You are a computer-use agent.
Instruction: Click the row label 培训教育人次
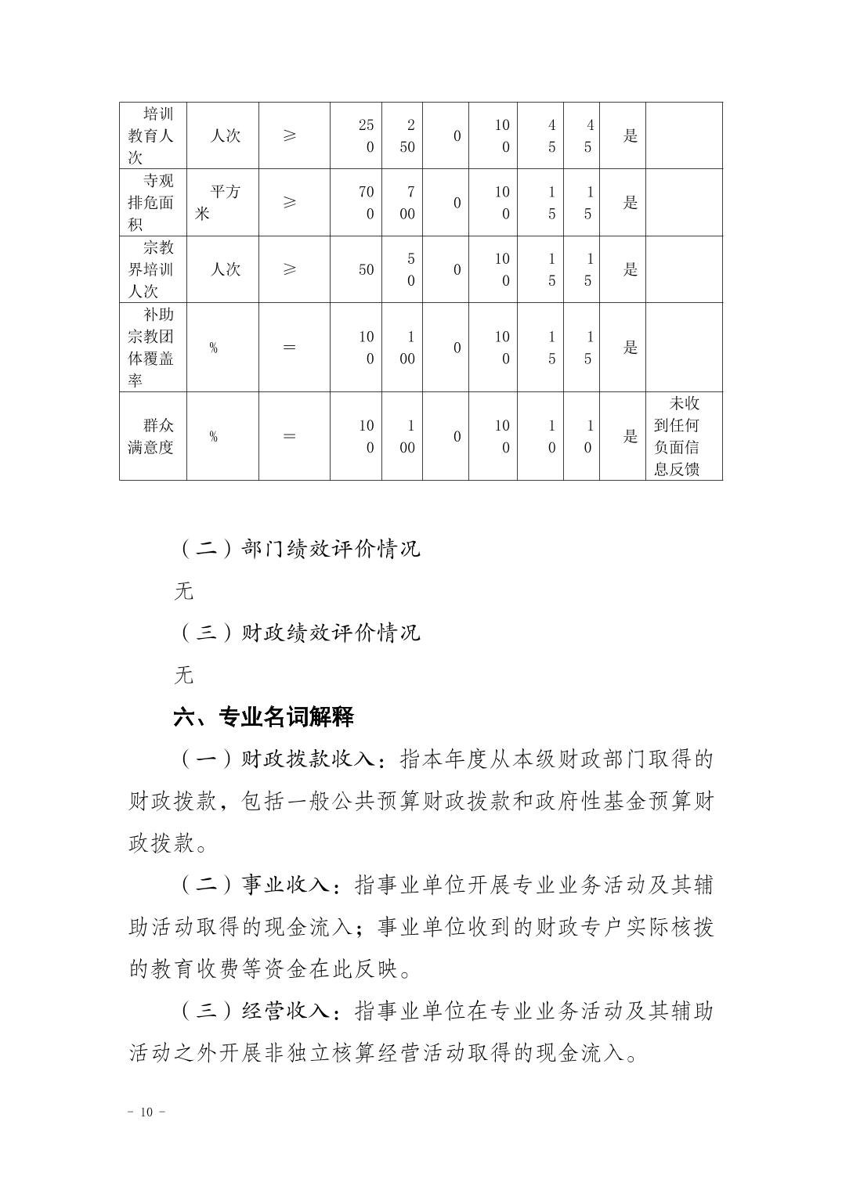(151, 135)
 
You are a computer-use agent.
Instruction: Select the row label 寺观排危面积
(151, 203)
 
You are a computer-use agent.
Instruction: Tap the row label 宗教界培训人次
(151, 269)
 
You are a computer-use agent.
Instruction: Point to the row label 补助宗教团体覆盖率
(151, 348)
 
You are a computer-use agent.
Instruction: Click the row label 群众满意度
(151, 436)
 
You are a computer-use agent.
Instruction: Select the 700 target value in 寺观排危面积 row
(367, 203)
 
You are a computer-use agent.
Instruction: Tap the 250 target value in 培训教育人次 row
(367, 135)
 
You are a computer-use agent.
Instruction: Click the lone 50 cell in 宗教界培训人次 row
(366, 269)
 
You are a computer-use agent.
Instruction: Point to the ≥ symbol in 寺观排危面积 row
(290, 203)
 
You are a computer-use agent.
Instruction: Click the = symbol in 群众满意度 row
(290, 436)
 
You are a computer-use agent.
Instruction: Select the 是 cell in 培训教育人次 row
(631, 135)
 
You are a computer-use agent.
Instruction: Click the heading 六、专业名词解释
(264, 716)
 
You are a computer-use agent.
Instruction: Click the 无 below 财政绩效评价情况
(183, 674)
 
